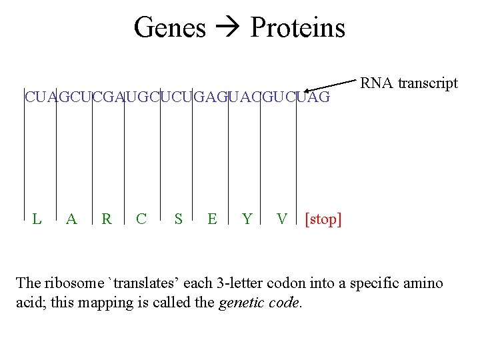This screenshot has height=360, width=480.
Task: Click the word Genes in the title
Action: tap(170, 28)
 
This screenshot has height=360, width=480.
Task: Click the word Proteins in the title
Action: tap(297, 28)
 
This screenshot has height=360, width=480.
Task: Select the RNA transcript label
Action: tap(409, 83)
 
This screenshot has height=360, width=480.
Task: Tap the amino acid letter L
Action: tap(38, 219)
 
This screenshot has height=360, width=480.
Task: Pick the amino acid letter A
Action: tap(72, 219)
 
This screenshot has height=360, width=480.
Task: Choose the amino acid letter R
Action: tap(106, 219)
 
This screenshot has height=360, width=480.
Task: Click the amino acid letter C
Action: tap(141, 219)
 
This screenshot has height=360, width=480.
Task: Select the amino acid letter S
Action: tap(177, 219)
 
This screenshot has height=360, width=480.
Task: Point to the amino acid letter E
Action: tap(212, 219)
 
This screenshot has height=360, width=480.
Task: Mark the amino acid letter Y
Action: tap(247, 219)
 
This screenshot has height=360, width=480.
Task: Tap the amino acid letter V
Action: tap(282, 219)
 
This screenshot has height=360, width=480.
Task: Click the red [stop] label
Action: tap(323, 219)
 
